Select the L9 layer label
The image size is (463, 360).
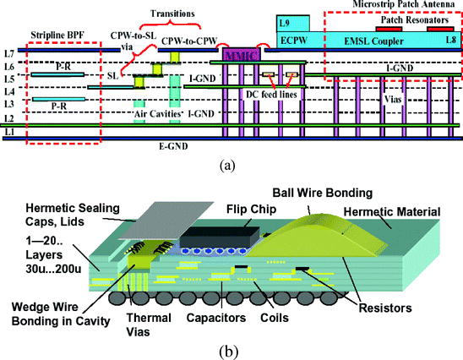pyautogui.click(x=284, y=21)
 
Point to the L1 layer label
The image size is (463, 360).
pyautogui.click(x=8, y=133)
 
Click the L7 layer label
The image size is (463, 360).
pyautogui.click(x=8, y=52)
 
